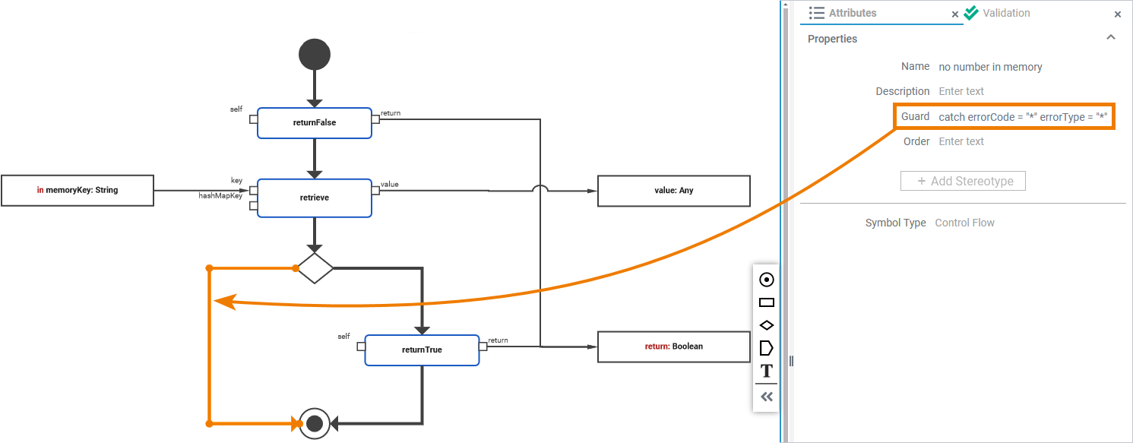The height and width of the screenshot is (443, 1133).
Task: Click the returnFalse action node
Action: click(x=314, y=122)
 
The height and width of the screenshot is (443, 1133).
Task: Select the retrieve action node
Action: click(x=314, y=198)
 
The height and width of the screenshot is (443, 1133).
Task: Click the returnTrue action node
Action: click(x=422, y=350)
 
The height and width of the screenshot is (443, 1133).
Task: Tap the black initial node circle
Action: click(x=315, y=55)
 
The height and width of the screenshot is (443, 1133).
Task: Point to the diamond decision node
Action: click(x=315, y=268)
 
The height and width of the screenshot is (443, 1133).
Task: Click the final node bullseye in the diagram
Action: click(x=315, y=422)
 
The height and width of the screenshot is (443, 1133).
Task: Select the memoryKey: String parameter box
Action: click(x=78, y=190)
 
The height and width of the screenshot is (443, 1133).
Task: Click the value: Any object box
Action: click(x=673, y=191)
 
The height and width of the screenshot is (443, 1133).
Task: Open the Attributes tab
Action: click(x=852, y=13)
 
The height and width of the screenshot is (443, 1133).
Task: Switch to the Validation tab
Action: click(x=1005, y=13)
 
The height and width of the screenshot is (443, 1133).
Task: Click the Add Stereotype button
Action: click(x=963, y=181)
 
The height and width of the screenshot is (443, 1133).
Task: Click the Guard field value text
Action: click(x=1023, y=116)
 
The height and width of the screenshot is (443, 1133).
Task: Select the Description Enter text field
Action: click(x=961, y=91)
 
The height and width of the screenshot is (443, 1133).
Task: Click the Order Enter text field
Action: click(x=961, y=141)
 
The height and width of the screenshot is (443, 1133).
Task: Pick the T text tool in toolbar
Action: click(x=767, y=371)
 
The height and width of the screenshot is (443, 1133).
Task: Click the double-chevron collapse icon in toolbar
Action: click(x=767, y=396)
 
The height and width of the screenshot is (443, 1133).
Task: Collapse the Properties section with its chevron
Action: click(x=1110, y=38)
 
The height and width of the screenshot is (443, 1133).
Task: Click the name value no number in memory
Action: click(x=990, y=67)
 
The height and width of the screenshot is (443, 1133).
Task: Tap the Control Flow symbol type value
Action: click(x=964, y=223)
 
